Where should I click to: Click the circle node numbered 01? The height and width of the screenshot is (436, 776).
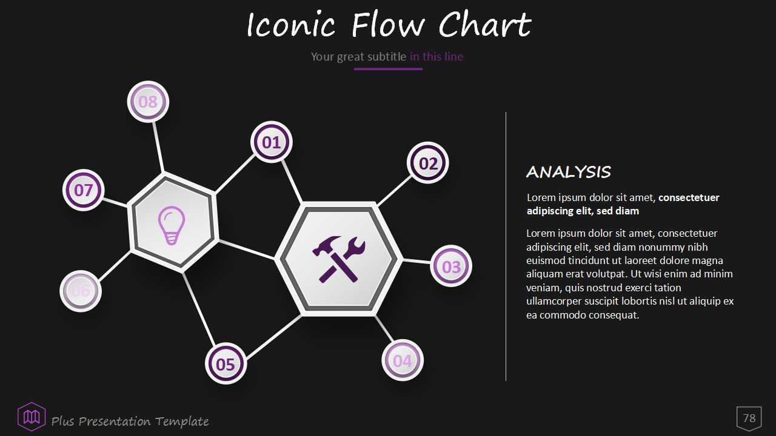coord(271,142)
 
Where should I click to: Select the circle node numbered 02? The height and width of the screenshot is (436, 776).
coord(428,163)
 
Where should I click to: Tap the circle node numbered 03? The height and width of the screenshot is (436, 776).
coord(451,266)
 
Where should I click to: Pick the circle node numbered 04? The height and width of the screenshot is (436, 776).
coord(403,360)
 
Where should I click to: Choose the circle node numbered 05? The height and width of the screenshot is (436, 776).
coord(226,364)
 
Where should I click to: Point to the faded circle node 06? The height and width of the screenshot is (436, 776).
coord(81,291)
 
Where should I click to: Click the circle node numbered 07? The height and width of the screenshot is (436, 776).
coord(84,190)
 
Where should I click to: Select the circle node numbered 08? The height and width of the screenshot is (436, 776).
coord(149,102)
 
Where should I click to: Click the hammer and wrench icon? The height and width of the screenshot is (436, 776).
coord(339,259)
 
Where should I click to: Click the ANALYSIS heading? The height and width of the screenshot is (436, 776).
coord(569,172)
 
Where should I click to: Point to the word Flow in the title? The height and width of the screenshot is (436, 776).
coord(388,25)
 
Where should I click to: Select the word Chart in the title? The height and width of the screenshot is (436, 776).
coord(485,25)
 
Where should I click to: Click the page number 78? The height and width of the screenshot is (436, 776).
coord(749,418)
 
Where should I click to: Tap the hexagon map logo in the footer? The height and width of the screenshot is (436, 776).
coord(32,417)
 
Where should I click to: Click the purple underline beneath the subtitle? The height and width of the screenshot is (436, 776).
coord(388,69)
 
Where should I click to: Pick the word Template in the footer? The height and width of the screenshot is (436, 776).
coord(182,422)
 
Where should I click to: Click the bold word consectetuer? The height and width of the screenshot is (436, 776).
coord(689,197)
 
